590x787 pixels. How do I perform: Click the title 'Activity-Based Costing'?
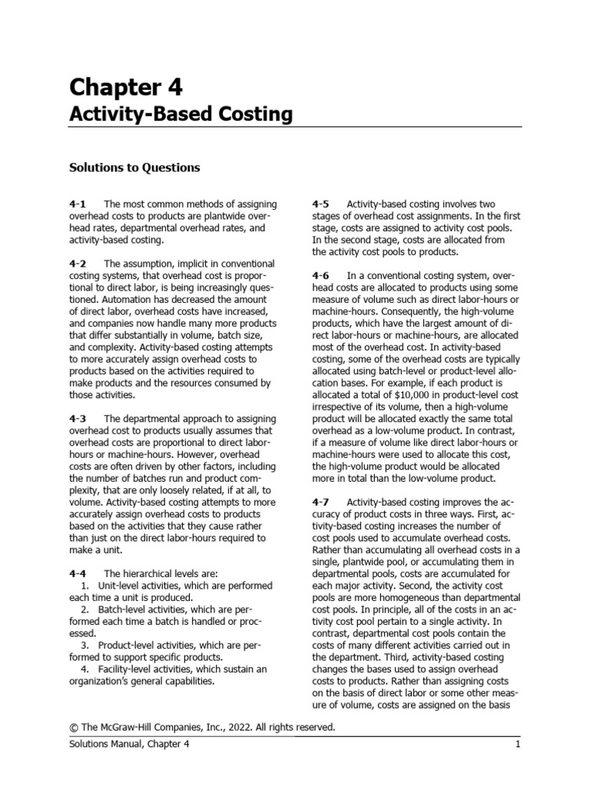coord(181,115)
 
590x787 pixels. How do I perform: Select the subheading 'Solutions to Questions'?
coord(135,167)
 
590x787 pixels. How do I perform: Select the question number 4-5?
coord(321,204)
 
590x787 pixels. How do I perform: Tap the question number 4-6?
coord(321,275)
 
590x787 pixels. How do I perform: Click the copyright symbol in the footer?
coord(75,726)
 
